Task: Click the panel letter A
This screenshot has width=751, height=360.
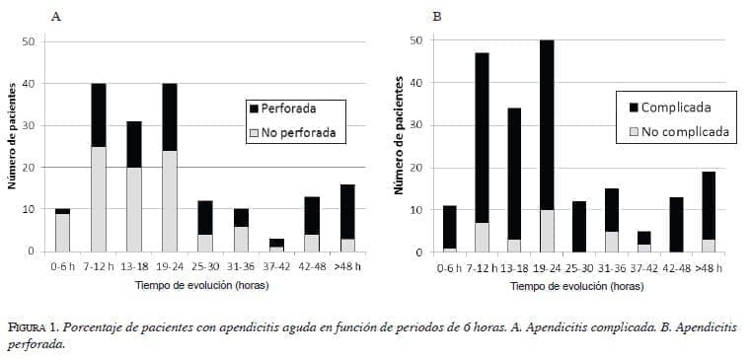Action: (55, 17)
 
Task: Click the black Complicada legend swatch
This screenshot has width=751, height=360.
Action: (633, 108)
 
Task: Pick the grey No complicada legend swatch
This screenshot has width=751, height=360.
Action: (633, 131)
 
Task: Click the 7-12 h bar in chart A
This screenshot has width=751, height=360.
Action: (99, 168)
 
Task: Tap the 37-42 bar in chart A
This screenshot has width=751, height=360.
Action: (277, 245)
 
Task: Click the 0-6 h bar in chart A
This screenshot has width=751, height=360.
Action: (62, 230)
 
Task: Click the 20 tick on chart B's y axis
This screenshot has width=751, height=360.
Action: (415, 168)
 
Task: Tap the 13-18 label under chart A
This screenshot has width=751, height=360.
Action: (134, 265)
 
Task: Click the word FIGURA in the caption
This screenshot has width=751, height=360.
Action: (30, 325)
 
